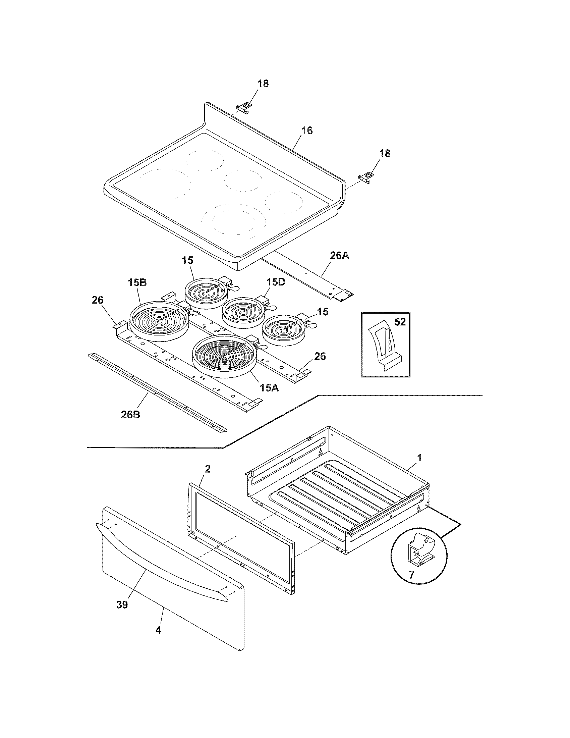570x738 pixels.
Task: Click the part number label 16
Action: click(x=307, y=130)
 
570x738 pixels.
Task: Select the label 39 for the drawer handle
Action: click(x=122, y=604)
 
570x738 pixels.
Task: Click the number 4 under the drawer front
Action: click(x=158, y=630)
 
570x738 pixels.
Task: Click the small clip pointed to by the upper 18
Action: click(x=245, y=106)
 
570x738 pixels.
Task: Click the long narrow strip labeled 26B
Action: click(x=157, y=392)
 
